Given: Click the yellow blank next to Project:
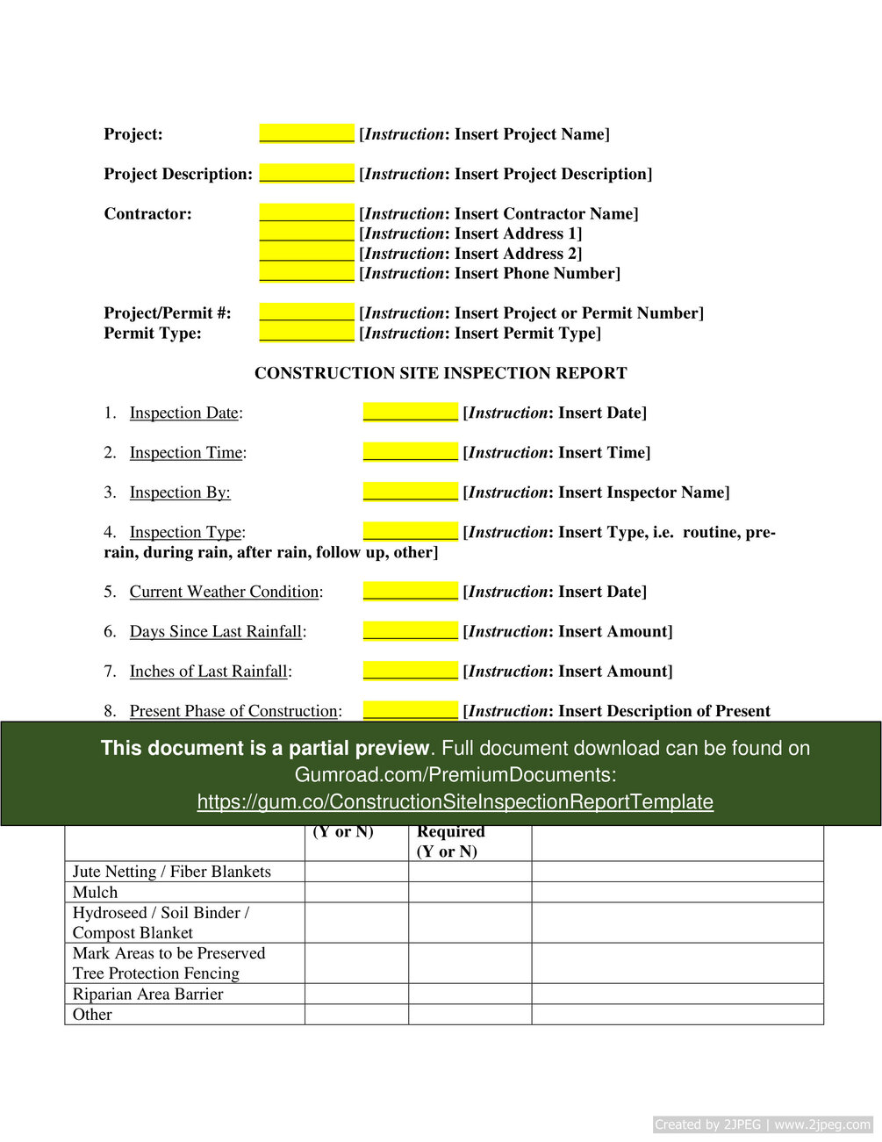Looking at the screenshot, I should coord(306,133).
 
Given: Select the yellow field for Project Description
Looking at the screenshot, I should coord(306,173).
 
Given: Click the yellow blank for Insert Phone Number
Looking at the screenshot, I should coord(306,272).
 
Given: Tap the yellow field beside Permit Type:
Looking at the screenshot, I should coord(306,332).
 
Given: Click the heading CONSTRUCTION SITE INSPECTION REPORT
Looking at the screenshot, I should coord(441,373).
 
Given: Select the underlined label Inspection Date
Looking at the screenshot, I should coord(184,413).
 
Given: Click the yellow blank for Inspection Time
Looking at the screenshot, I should coord(410,452).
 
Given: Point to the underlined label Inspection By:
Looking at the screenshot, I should coord(180,492).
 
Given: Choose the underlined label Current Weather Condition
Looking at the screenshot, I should coord(224,592).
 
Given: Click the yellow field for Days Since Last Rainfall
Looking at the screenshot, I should coord(410,631).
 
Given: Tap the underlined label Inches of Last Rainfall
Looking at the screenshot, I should coord(209,672).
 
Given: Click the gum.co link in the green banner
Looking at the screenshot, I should coord(455,801).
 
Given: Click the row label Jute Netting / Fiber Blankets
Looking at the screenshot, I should coord(171,872).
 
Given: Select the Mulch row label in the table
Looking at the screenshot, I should coord(95,892).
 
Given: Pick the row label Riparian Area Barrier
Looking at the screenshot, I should coord(147,994).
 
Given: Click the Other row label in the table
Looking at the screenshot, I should coord(92,1015).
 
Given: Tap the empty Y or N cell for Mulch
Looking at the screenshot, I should coord(356,892).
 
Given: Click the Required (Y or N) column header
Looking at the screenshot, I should coord(450,841).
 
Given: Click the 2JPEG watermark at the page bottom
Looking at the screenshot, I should coord(762,1124).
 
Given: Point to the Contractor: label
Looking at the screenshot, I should coord(147,213).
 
